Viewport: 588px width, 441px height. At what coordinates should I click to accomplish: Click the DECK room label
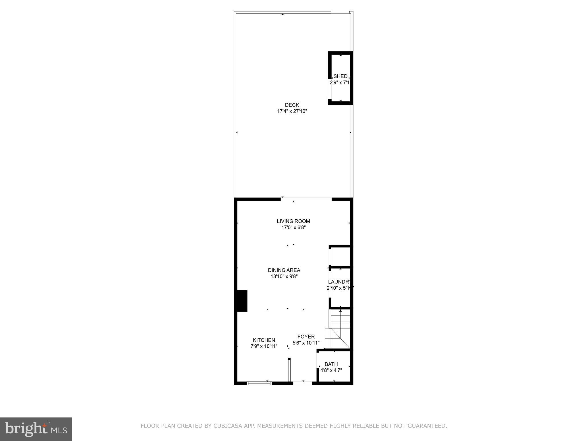point(292,105)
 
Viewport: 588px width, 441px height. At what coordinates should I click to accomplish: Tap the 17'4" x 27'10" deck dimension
point(292,111)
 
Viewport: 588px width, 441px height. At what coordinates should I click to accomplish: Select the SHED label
point(341,76)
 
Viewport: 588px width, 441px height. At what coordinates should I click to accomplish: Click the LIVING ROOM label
point(293,221)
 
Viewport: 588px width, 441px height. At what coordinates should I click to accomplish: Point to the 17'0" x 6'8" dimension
point(293,228)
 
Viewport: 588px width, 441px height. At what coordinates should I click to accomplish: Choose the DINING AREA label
point(284,270)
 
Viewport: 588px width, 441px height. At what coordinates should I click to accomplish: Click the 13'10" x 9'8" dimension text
point(284,276)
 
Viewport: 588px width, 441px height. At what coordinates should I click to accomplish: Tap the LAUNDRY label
point(340,282)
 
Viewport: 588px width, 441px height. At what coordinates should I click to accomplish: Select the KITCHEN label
point(264,340)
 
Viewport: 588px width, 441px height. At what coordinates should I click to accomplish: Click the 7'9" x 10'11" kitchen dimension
point(264,346)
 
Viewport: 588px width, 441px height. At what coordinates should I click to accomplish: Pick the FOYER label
point(306,337)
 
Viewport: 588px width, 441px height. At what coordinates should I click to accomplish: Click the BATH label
point(331,364)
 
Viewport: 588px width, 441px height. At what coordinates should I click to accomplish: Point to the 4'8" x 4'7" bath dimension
point(331,370)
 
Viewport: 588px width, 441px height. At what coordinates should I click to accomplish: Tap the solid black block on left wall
point(242,301)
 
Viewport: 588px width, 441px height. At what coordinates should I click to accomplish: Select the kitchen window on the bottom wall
point(259,383)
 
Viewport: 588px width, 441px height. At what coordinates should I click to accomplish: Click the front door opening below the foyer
point(302,383)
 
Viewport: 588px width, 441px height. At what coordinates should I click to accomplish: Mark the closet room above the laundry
point(340,256)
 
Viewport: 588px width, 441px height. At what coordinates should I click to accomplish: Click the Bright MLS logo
point(36,429)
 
